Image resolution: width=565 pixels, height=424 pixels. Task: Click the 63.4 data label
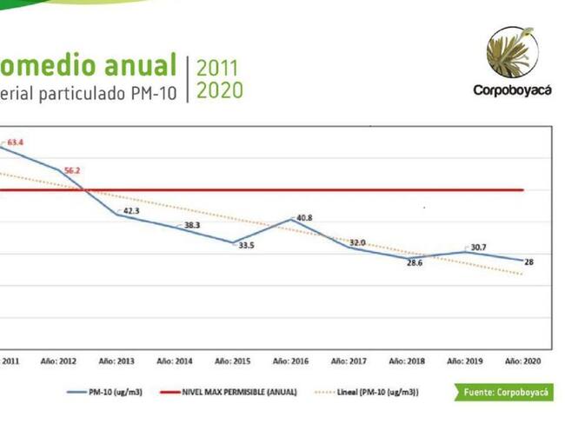[x=16, y=141]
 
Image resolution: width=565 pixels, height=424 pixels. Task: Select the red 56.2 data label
[x=72, y=170]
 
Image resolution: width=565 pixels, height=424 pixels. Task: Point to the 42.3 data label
[x=130, y=210]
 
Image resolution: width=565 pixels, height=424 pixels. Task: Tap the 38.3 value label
[x=191, y=225]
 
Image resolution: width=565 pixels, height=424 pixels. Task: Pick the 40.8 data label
[x=304, y=217]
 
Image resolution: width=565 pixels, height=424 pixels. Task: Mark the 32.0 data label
[x=357, y=242]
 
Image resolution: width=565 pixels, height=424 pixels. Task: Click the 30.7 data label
[x=477, y=248]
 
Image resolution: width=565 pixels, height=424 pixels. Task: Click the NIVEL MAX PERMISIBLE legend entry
[x=228, y=393]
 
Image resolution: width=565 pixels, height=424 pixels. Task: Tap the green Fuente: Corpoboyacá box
[x=502, y=393]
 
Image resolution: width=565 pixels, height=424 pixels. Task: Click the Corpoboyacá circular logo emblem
[x=511, y=52]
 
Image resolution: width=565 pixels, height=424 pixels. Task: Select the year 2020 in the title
[x=220, y=90]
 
